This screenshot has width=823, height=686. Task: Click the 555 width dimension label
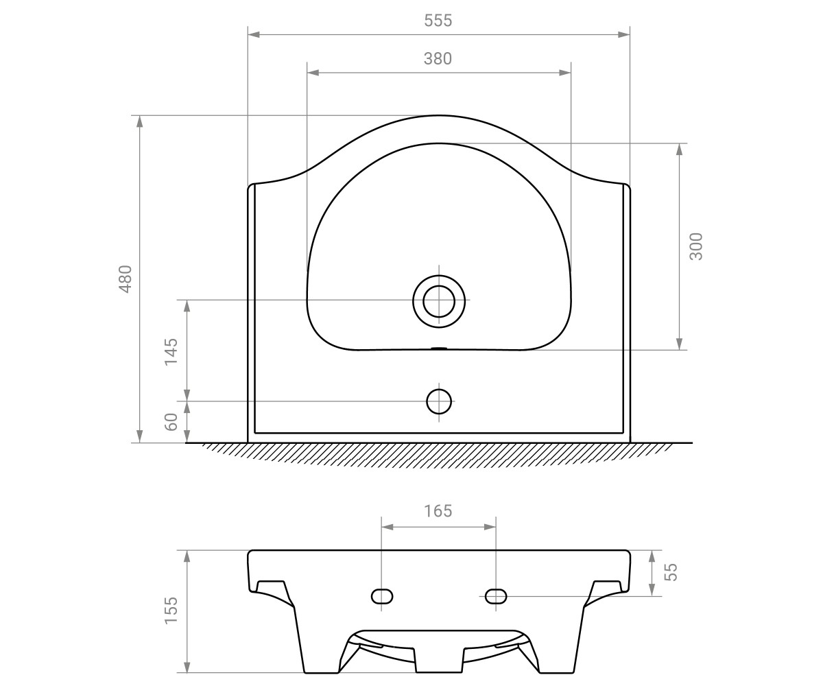tap(438, 21)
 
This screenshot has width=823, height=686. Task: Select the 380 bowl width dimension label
tap(438, 59)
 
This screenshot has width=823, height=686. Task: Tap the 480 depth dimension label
tap(126, 279)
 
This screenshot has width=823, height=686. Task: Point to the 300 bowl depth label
tap(696, 246)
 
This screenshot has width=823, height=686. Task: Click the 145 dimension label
tap(171, 352)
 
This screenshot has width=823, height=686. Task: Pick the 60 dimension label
tap(171, 423)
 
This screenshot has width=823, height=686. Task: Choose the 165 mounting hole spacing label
tap(438, 511)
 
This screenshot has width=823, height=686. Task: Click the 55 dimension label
tap(671, 572)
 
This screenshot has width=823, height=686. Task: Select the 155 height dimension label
tap(171, 611)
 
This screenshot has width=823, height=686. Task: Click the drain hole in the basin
tap(439, 302)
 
